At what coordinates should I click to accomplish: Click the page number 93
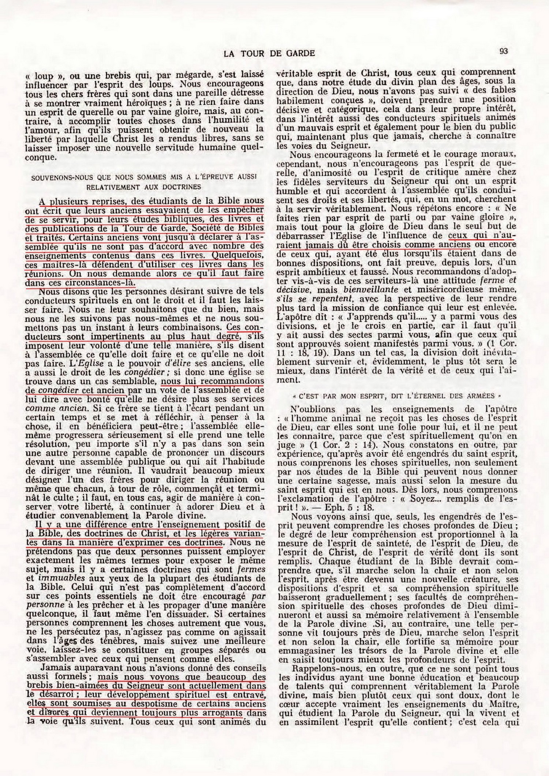504,51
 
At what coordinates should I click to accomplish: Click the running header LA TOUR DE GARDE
269,53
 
